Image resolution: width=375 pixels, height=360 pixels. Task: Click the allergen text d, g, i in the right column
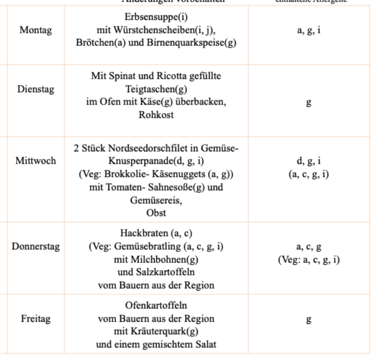point(308,161)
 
